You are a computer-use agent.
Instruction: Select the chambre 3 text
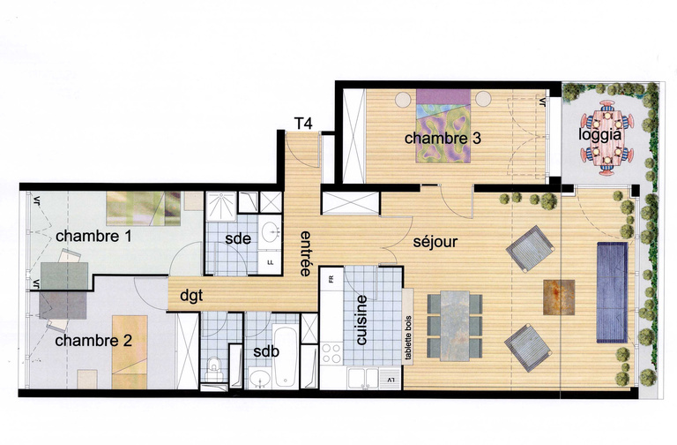point(430,139)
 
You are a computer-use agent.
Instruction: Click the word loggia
point(600,135)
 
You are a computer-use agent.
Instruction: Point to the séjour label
point(435,240)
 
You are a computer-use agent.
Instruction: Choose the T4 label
point(302,124)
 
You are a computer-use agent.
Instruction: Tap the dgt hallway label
point(192,296)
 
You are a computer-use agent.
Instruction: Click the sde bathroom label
point(238,238)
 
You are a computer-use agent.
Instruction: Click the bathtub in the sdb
point(285,357)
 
